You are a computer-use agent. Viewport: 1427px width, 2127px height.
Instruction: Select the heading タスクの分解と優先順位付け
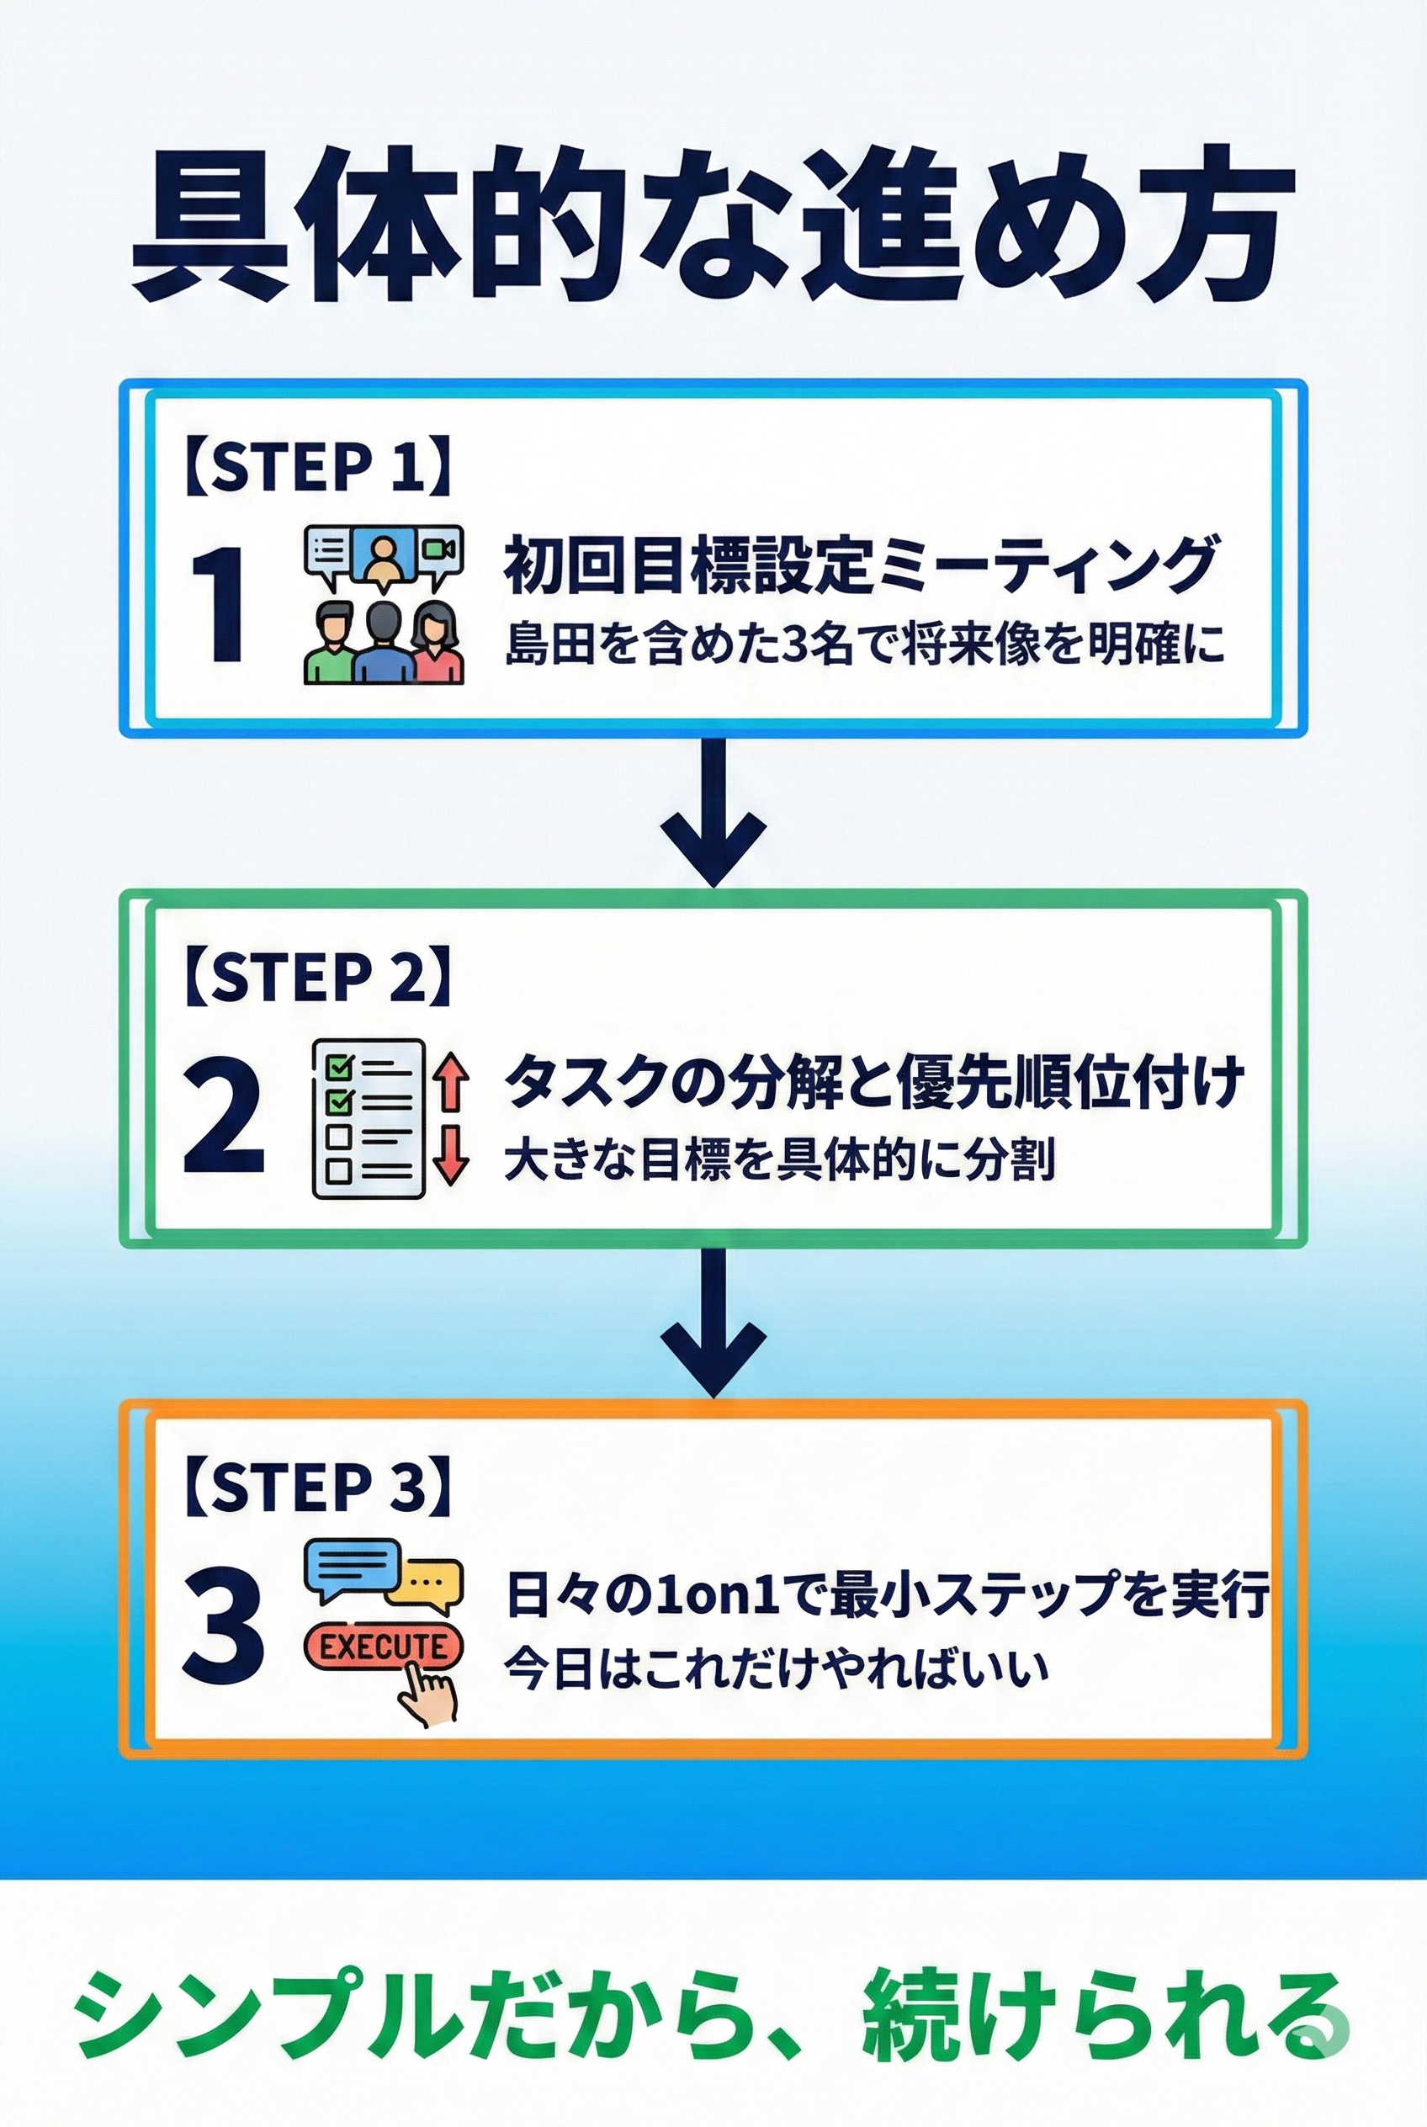click(x=873, y=1081)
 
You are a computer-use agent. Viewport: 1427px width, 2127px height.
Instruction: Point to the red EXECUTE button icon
click(x=382, y=1647)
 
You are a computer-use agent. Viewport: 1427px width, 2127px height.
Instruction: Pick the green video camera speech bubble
click(x=438, y=552)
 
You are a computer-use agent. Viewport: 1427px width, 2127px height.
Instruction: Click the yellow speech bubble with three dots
click(x=425, y=1583)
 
